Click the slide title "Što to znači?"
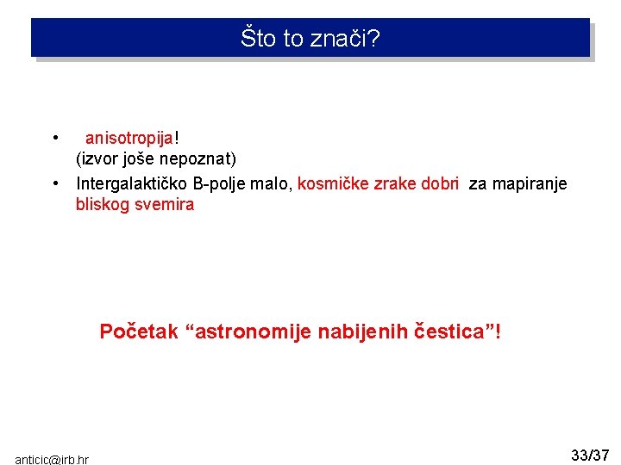click(x=310, y=39)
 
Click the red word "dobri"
click(x=440, y=183)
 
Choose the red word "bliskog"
click(x=101, y=205)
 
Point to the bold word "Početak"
click(x=139, y=332)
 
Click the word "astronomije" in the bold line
click(x=249, y=332)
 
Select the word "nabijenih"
click(x=363, y=332)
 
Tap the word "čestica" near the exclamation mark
click(x=451, y=332)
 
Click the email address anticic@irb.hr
click(x=52, y=460)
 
